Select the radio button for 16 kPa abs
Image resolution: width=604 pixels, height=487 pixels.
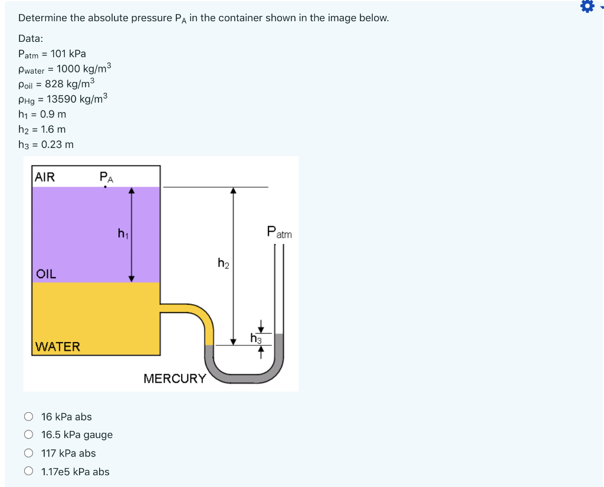click(x=29, y=417)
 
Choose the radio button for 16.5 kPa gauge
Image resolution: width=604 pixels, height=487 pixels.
click(x=29, y=435)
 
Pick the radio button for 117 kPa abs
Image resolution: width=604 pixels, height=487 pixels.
click(x=29, y=453)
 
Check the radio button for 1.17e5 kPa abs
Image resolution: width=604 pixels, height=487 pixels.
click(x=29, y=472)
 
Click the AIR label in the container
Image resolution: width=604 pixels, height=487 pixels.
click(x=45, y=177)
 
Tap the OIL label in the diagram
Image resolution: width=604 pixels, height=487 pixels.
click(x=46, y=274)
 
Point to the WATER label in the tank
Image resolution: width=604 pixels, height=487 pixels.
click(x=57, y=347)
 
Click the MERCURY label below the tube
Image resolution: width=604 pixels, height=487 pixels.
click(x=175, y=379)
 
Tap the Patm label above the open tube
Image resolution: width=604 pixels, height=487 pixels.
click(x=279, y=232)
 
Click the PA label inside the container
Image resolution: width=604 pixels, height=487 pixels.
click(x=106, y=176)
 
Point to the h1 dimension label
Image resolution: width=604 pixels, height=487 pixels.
click(x=123, y=234)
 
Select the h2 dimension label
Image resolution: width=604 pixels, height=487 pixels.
click(x=223, y=263)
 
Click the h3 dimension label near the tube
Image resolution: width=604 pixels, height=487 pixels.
click(x=255, y=338)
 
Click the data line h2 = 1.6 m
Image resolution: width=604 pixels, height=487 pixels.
click(x=42, y=129)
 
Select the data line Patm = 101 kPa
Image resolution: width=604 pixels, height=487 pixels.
click(x=52, y=54)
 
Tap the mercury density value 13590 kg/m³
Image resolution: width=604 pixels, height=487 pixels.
click(x=77, y=98)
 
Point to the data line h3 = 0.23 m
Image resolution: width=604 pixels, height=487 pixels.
click(x=45, y=144)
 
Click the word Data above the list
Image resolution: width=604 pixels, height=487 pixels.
click(x=30, y=38)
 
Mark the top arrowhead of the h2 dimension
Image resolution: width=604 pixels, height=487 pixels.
click(x=234, y=190)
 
